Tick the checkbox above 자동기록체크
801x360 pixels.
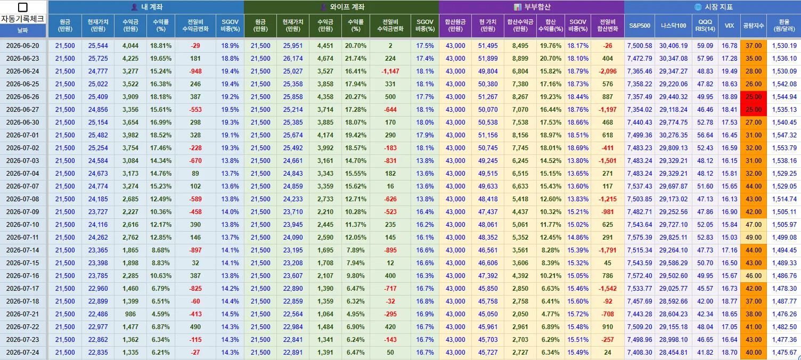click(x=22, y=7)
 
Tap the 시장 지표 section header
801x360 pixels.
click(x=713, y=7)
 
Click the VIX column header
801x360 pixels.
click(x=729, y=26)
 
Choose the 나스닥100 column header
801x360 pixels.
click(x=673, y=26)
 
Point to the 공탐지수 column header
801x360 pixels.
click(x=754, y=26)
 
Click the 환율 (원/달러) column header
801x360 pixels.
click(x=784, y=26)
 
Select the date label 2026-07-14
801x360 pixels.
click(x=23, y=250)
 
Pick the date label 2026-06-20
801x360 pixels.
click(x=23, y=46)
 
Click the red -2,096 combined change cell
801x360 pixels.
click(x=608, y=71)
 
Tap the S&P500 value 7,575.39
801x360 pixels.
click(x=640, y=238)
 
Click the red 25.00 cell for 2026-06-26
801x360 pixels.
click(x=754, y=97)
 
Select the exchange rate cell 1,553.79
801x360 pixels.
click(x=784, y=148)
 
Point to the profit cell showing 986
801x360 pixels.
click(x=130, y=314)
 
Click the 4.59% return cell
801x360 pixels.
click(x=161, y=314)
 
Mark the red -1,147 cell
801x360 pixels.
click(x=390, y=71)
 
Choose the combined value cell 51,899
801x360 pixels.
click(x=488, y=59)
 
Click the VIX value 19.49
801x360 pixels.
click(x=729, y=71)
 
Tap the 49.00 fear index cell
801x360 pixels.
click(x=754, y=238)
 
